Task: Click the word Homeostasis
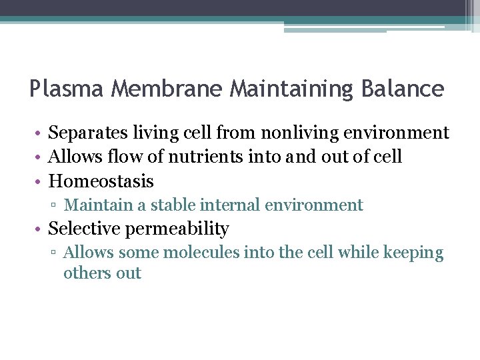click(x=101, y=181)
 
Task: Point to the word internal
click(x=230, y=205)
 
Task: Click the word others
click(x=83, y=273)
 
